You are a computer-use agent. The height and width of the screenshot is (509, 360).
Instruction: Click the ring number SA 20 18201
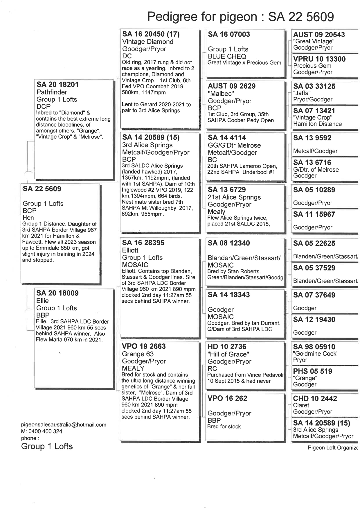point(57,85)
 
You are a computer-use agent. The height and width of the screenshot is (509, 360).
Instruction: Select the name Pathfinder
point(52,92)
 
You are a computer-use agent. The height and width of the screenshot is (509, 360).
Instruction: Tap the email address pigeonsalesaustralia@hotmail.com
point(64,425)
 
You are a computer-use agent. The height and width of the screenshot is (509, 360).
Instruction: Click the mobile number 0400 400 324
point(45,431)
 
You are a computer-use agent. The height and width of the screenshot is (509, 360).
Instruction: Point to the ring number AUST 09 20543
point(319,35)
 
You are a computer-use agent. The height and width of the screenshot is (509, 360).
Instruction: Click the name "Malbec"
point(221,94)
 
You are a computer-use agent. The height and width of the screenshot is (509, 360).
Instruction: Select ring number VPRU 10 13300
point(319,59)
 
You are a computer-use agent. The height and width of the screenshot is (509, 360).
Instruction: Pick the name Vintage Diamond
point(148,42)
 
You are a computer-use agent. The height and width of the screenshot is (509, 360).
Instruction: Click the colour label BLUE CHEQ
point(227,56)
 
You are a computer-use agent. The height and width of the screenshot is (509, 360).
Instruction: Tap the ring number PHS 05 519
point(312,371)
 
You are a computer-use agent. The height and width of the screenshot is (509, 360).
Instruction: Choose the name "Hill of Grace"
point(228,354)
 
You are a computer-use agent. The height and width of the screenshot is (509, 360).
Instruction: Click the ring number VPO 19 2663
point(144,346)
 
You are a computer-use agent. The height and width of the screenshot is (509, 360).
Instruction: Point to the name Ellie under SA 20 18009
point(42,301)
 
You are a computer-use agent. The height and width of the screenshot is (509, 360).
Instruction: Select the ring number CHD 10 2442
point(315,399)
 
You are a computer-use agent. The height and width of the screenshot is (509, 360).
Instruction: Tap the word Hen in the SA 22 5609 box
point(28,218)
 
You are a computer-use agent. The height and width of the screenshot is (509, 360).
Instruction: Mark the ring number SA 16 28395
point(143,243)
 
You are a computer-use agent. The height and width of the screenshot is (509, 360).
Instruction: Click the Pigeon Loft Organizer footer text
point(333,448)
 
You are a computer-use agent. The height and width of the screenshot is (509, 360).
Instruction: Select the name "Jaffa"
point(302,93)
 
